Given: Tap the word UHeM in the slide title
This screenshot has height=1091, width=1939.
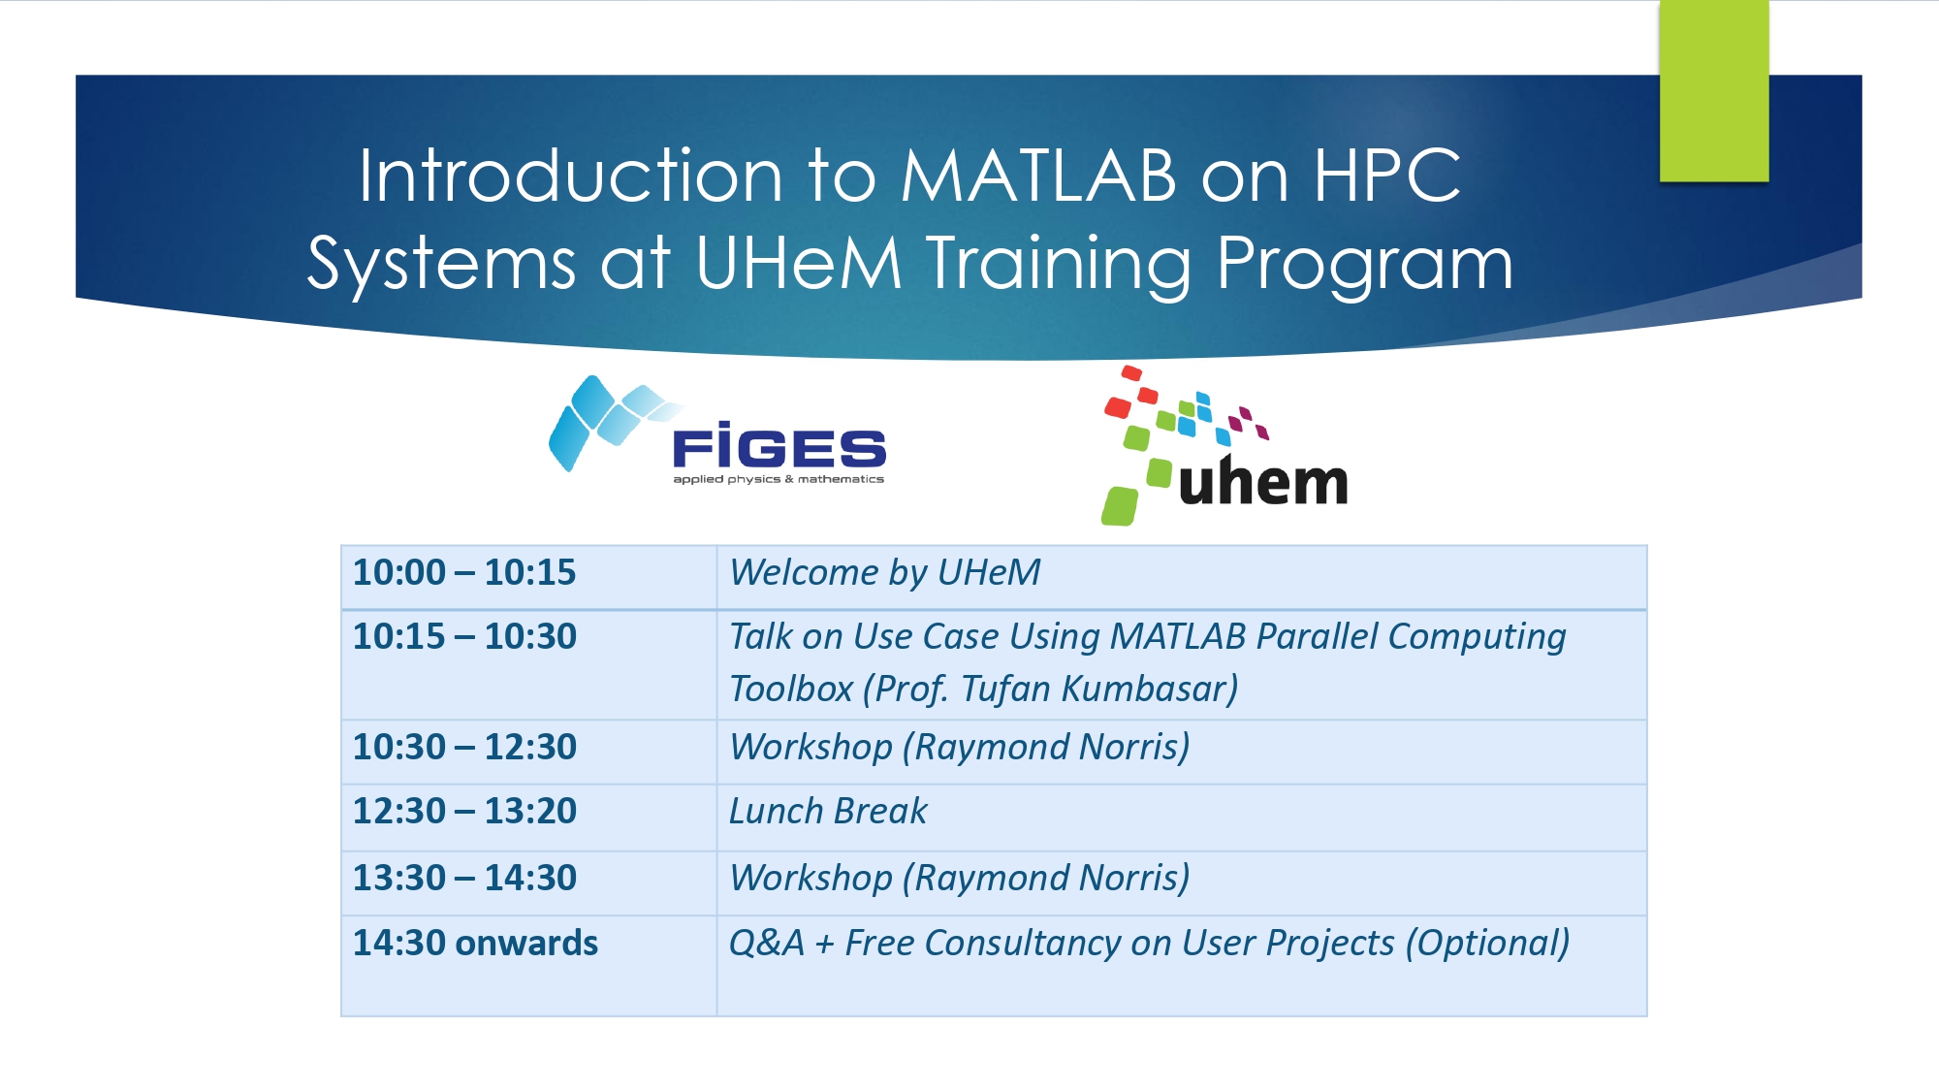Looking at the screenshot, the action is pyautogui.click(x=799, y=263).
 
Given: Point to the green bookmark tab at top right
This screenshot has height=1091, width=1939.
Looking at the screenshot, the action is pyautogui.click(x=1714, y=90).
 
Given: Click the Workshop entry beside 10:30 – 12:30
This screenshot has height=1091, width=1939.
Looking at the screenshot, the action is pyautogui.click(x=959, y=747).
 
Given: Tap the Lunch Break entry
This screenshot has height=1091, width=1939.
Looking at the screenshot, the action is pyautogui.click(x=828, y=811).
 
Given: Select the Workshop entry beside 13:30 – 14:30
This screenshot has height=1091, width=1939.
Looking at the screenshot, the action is pyautogui.click(x=959, y=878).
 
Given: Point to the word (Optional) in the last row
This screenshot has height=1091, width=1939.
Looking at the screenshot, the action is pyautogui.click(x=1487, y=943).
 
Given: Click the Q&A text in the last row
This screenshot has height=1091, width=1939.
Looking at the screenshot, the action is pyautogui.click(x=767, y=943).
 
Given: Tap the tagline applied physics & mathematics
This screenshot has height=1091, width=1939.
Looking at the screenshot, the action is pyautogui.click(x=779, y=479).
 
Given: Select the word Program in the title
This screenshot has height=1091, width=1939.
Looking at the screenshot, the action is pyautogui.click(x=1365, y=265).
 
